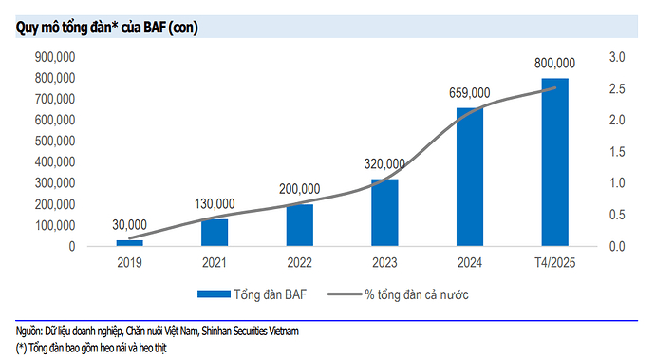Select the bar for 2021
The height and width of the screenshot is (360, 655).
tap(215, 233)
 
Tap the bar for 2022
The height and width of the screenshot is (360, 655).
tap(299, 225)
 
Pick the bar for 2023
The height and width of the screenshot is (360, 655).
tap(384, 213)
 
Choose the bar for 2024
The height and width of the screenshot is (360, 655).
tap(470, 177)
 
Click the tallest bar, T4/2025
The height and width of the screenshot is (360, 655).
tap(555, 161)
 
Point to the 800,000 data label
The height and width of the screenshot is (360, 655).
tap(555, 63)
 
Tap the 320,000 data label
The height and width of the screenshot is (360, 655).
tap(384, 163)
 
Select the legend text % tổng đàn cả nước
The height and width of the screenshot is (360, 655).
tap(417, 294)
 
